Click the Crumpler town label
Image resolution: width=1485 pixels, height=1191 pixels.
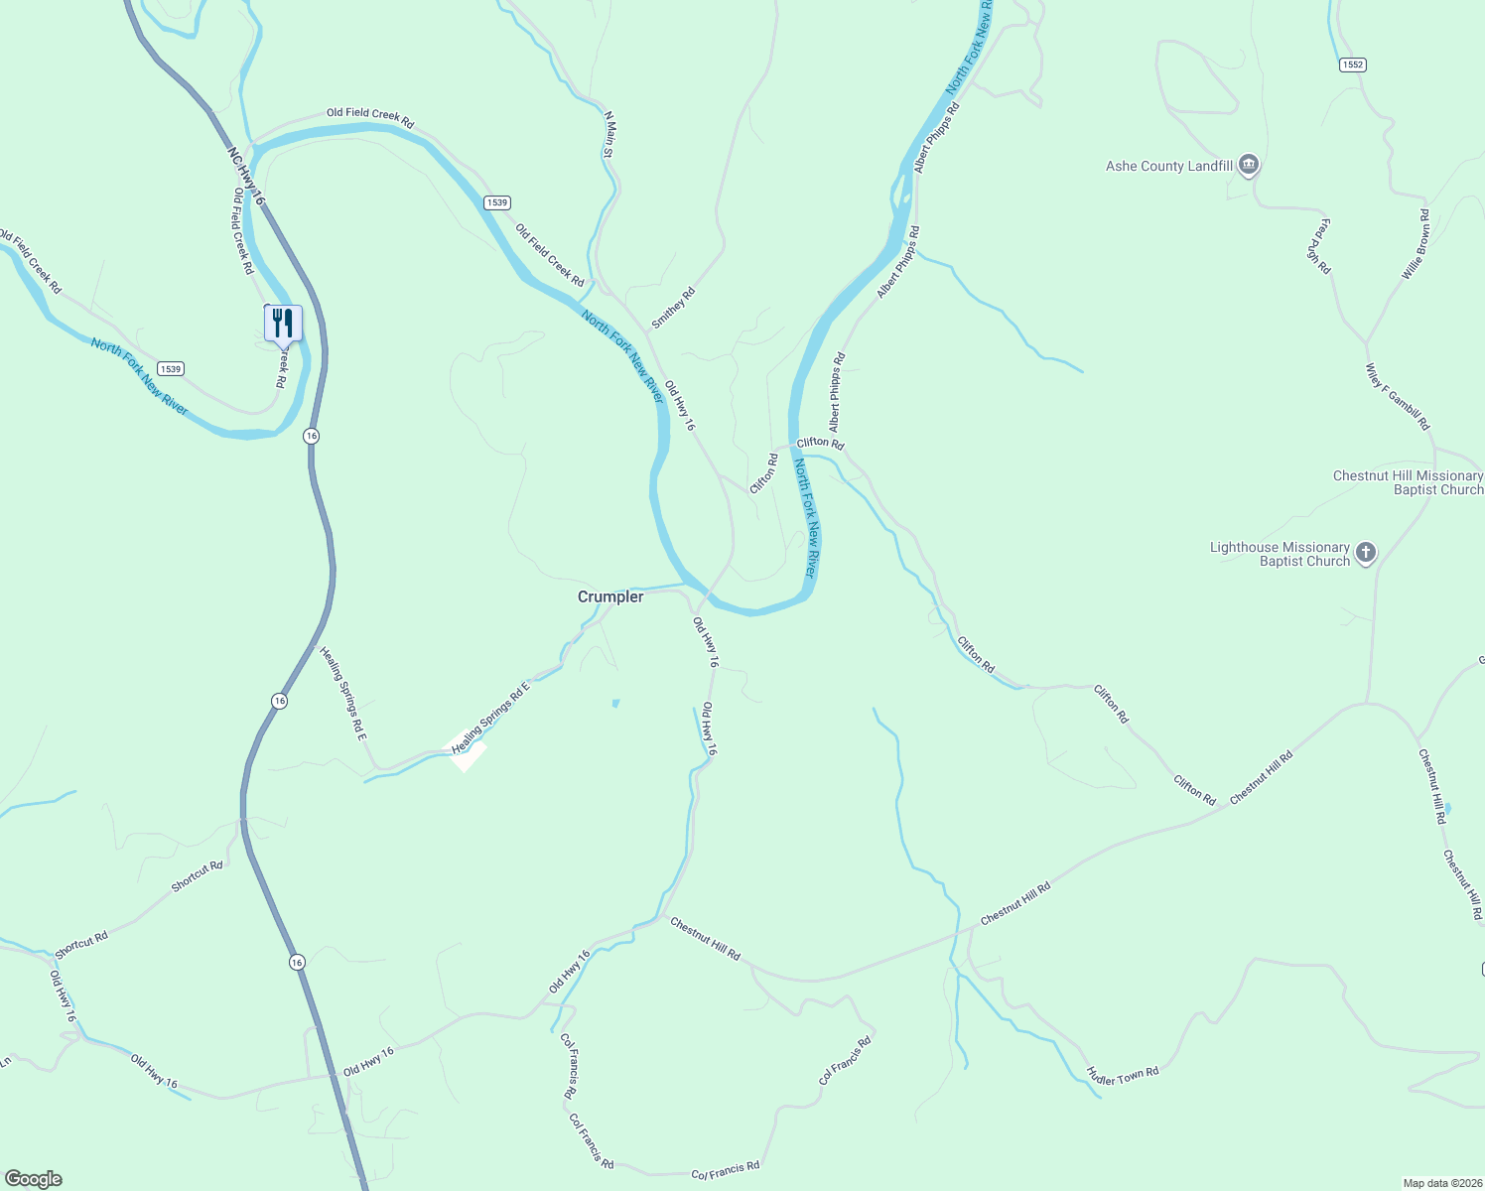point(610,597)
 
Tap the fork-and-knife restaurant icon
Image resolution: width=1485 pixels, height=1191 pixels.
point(283,324)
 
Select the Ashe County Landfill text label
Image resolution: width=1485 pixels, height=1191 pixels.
point(1168,167)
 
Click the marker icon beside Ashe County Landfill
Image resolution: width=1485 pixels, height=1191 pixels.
point(1249,165)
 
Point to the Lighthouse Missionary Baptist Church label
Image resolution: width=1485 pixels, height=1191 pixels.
point(1280,554)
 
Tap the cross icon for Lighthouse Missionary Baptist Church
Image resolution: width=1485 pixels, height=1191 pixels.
point(1366,553)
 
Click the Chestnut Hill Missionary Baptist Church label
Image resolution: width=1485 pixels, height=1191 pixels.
point(1408,482)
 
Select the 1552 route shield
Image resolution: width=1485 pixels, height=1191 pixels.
point(1352,65)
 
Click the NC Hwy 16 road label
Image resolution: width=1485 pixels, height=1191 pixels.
point(246,177)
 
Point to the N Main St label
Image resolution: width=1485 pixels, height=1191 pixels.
point(609,134)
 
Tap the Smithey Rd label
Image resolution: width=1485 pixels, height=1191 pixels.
point(673,308)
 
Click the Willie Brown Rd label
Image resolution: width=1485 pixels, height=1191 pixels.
point(1417,244)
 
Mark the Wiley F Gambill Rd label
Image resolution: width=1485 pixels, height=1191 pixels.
point(1398,397)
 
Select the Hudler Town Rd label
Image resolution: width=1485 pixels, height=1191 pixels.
point(1123,1075)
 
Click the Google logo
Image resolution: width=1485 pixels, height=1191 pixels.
point(34,1179)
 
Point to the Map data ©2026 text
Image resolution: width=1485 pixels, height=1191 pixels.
point(1441,1183)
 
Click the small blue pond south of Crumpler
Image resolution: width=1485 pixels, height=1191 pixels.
point(615,704)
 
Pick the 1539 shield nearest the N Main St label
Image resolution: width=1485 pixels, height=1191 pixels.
point(497,202)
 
